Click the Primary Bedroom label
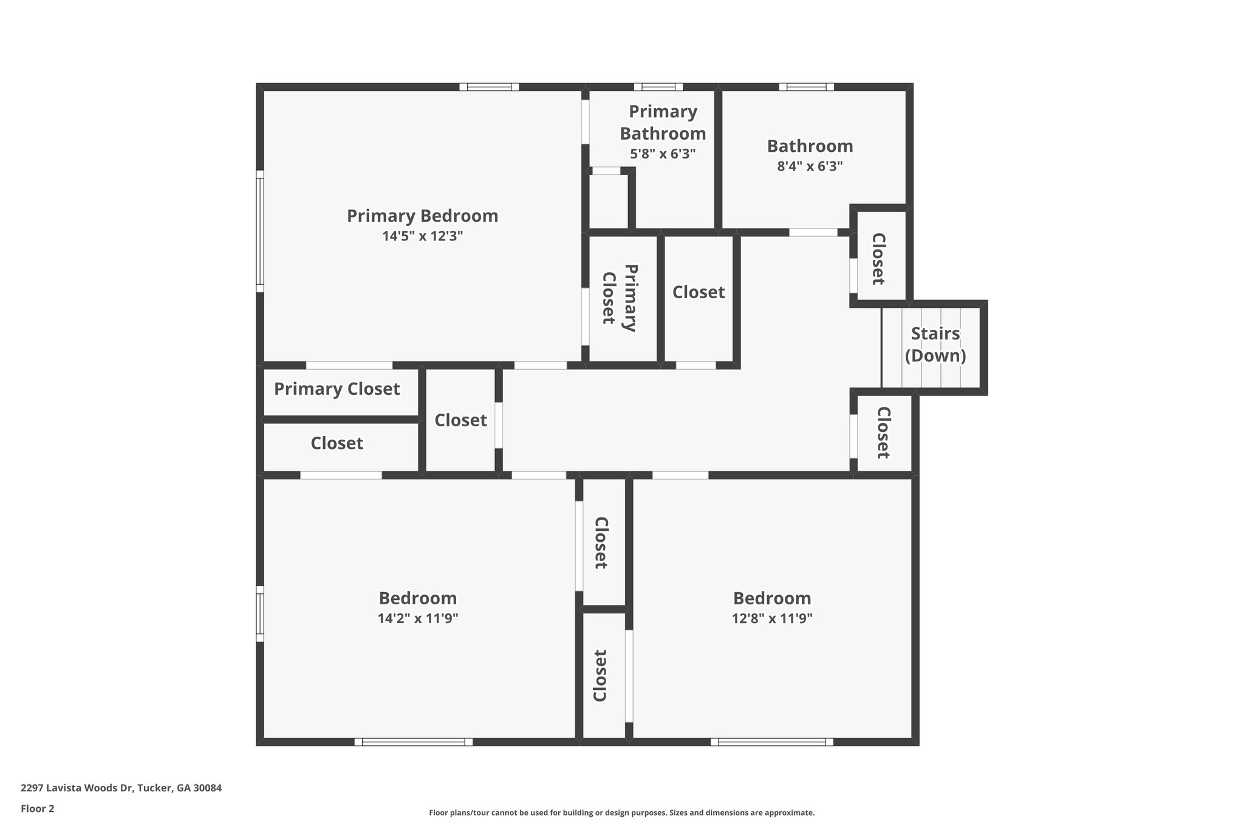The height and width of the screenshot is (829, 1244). point(422,216)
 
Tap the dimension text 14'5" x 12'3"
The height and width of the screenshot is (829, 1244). point(422,236)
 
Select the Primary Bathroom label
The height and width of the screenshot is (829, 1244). point(663,123)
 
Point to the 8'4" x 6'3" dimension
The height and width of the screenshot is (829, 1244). point(810,166)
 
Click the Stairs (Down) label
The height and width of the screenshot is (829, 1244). point(935,344)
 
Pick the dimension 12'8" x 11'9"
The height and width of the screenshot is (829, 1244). point(772,619)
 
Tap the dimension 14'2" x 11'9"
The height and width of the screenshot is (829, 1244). point(417,619)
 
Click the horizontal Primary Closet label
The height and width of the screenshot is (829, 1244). point(337,389)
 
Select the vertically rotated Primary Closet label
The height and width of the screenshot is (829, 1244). point(619,298)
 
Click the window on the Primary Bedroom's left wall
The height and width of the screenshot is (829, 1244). point(260,231)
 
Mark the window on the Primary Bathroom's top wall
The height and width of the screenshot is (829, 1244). point(658,87)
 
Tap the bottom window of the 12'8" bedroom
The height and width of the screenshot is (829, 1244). point(771,742)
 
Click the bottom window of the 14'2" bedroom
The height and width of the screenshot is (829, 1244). point(413,742)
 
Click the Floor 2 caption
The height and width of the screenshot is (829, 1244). point(38,808)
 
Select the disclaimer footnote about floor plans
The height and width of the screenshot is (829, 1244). point(621,813)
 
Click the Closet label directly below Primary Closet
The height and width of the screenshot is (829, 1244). point(337,443)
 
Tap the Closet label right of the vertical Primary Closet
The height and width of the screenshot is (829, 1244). point(699,293)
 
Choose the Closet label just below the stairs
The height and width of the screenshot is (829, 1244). point(883,432)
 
